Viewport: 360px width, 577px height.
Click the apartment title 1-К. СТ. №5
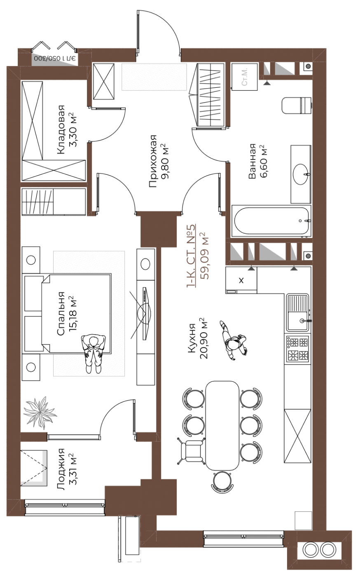click(x=191, y=256)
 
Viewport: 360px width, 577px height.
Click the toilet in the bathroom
click(x=298, y=106)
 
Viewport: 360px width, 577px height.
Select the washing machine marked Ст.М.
click(x=244, y=77)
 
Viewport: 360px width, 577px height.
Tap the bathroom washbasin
click(x=301, y=174)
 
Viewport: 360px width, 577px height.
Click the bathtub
click(x=271, y=221)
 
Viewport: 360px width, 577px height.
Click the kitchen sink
click(x=298, y=313)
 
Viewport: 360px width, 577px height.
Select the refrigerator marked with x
click(x=241, y=280)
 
